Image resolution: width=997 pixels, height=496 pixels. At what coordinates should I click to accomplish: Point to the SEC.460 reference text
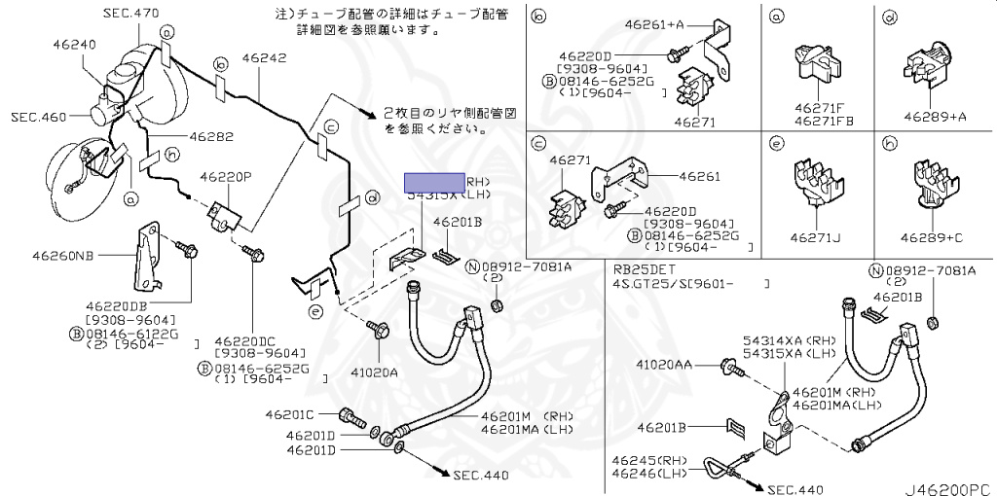click(x=39, y=117)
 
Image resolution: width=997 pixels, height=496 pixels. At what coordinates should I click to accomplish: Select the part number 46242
click(x=264, y=58)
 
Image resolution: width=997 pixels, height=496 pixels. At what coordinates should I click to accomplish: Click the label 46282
click(x=210, y=137)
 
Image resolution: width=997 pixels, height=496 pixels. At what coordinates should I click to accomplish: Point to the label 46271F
click(x=818, y=108)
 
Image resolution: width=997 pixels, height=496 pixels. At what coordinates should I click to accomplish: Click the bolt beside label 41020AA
click(x=728, y=368)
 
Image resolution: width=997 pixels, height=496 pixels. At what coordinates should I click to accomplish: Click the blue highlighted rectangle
click(x=435, y=182)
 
